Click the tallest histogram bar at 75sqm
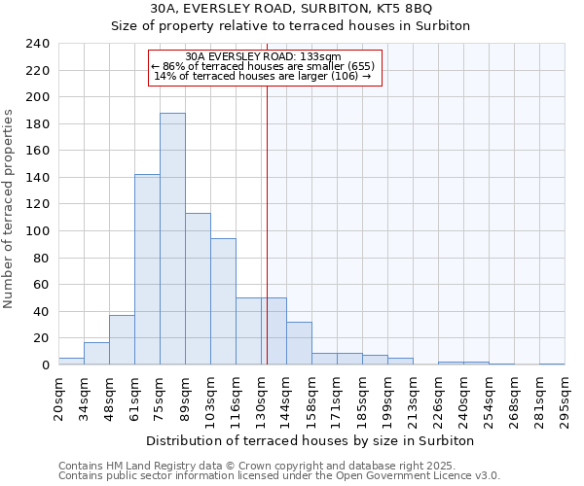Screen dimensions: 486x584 click(172, 239)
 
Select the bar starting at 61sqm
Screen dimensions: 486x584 click(147, 269)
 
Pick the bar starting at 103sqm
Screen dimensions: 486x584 click(223, 301)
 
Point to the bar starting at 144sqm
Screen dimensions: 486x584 click(299, 343)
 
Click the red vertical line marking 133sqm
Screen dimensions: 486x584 click(266, 224)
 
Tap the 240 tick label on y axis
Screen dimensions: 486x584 click(37, 44)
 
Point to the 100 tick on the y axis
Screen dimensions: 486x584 click(37, 231)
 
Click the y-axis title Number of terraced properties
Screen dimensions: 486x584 click(9, 209)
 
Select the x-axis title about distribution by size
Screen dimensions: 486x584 click(310, 440)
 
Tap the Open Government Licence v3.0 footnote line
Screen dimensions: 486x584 click(279, 475)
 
